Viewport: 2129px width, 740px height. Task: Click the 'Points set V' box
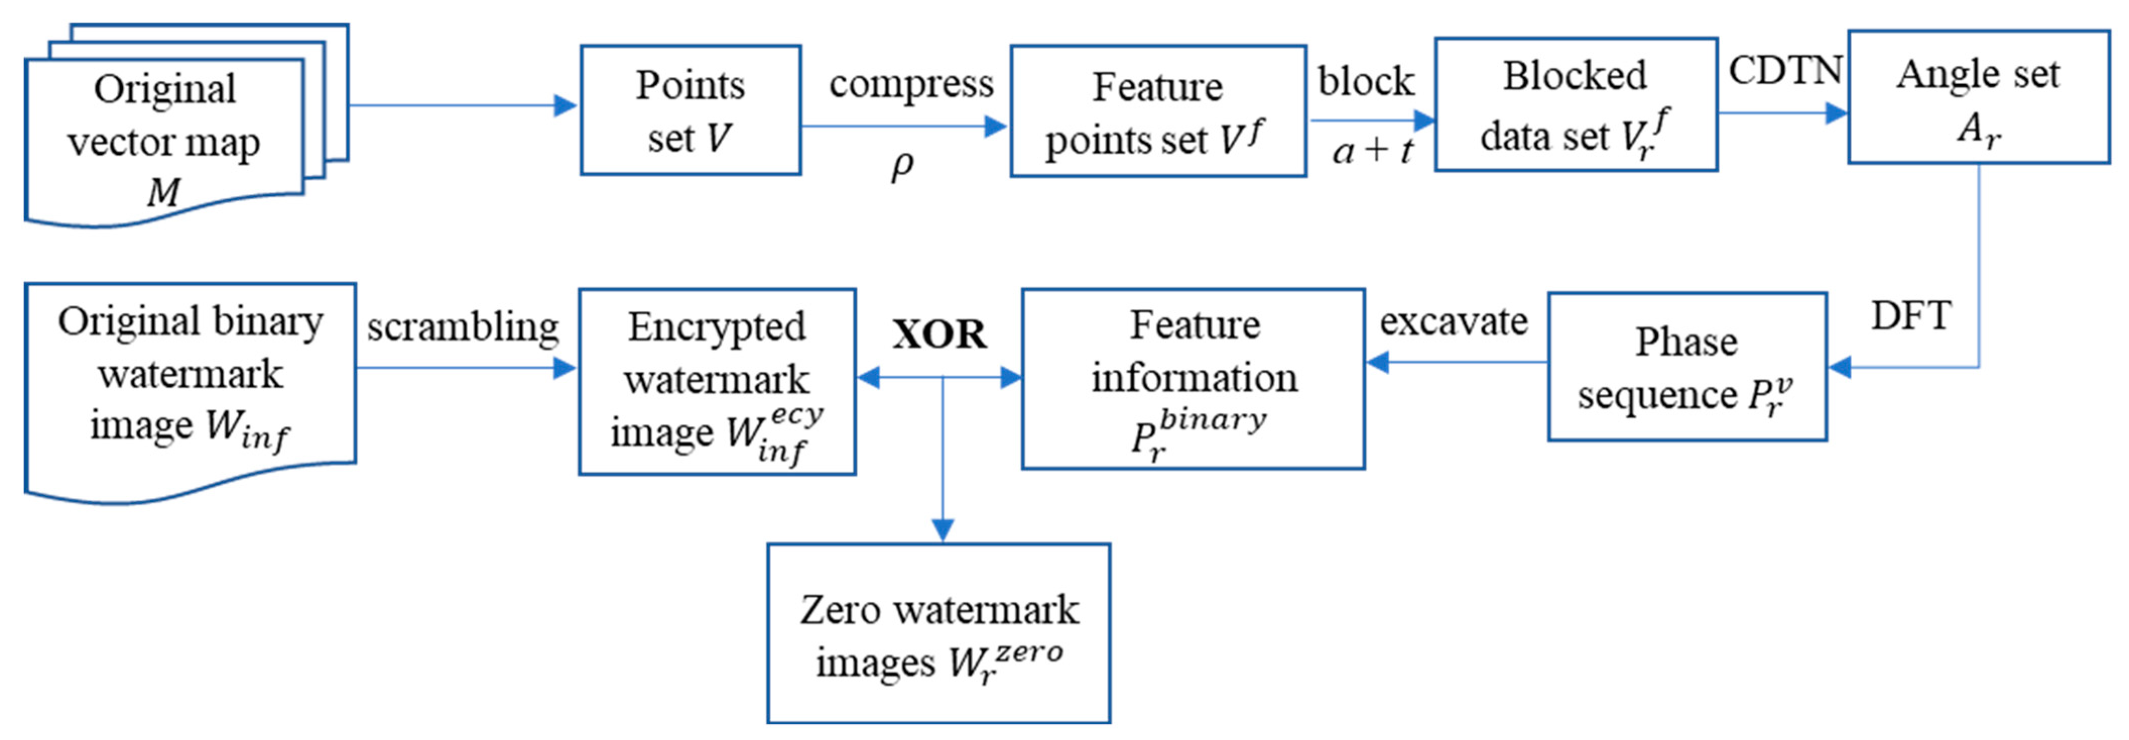(690, 110)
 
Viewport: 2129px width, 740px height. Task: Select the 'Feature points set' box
(1157, 111)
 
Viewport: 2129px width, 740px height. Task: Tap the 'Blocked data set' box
(1575, 105)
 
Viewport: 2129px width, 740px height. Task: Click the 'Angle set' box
(1978, 97)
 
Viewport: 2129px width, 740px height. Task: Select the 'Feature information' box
(1193, 379)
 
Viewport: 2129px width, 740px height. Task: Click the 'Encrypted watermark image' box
(717, 381)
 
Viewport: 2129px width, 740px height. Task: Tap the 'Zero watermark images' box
(938, 634)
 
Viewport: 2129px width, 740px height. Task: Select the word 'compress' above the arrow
(911, 84)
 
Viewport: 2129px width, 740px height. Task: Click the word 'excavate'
(1453, 322)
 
